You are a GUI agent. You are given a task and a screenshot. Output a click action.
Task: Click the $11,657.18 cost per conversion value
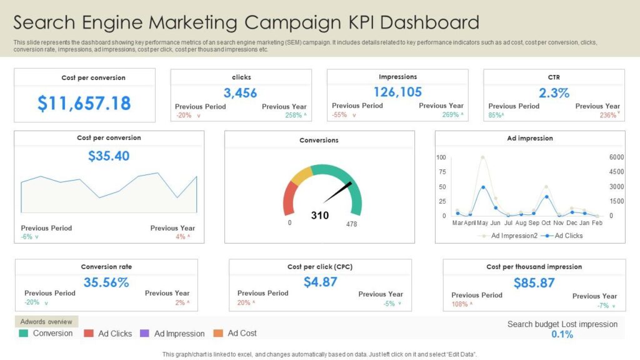pos(84,103)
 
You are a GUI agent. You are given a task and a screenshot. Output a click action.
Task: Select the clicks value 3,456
pos(241,93)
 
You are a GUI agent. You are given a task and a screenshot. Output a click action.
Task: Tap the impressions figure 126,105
pos(397,92)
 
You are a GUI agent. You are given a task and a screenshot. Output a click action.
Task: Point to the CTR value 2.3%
pos(554,93)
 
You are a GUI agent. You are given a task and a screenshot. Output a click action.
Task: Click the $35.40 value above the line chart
pos(109,156)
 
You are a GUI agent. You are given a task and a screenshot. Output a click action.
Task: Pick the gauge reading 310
pos(319,216)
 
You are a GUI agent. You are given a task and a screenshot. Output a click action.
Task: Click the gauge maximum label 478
pos(352,224)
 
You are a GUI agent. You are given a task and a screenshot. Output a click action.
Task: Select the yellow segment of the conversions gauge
pos(301,176)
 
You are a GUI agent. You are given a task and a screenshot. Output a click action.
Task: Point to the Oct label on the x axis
pos(547,223)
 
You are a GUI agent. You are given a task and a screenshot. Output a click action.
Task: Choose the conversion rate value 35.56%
pos(106,282)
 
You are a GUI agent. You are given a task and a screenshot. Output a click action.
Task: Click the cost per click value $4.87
pos(320,282)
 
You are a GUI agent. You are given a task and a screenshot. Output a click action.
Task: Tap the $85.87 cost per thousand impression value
pos(534,282)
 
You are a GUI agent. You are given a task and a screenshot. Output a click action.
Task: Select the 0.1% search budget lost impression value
pos(562,334)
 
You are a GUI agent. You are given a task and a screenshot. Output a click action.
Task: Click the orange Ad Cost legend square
pos(218,333)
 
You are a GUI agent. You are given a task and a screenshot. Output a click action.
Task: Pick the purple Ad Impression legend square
pos(145,333)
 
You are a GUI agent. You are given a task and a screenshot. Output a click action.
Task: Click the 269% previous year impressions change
pos(450,115)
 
